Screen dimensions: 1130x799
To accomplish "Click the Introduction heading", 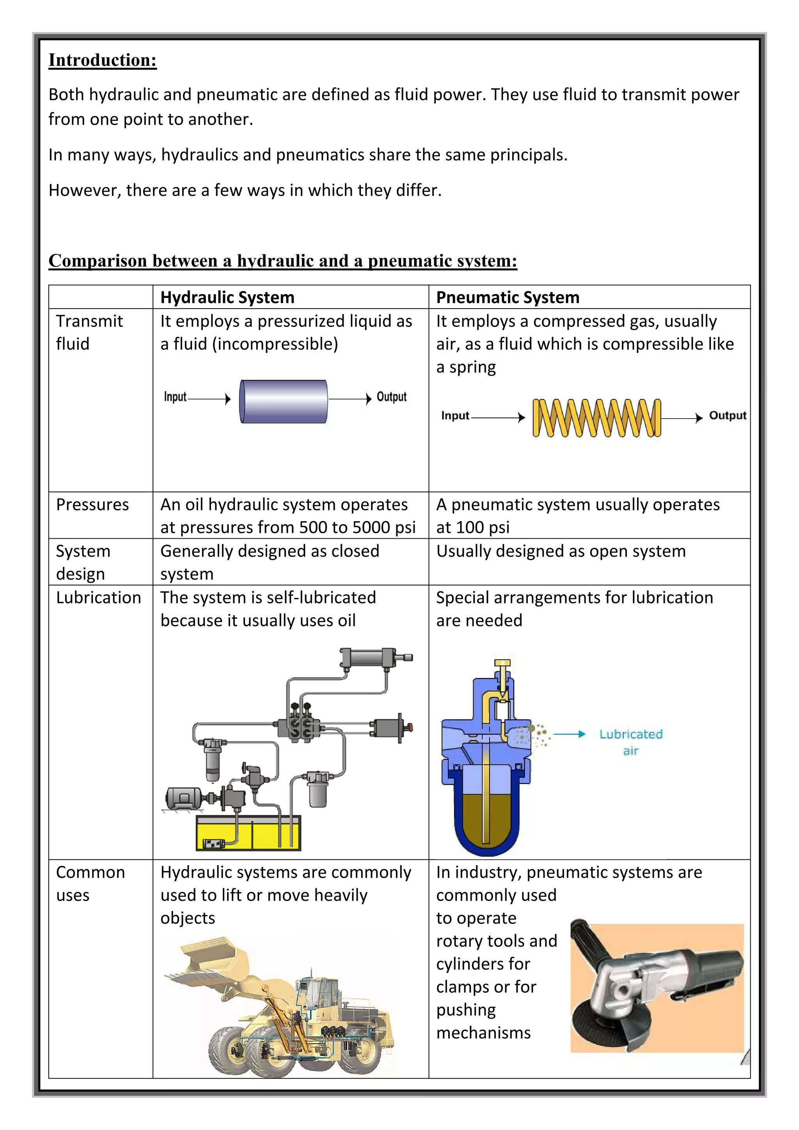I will click(x=102, y=60).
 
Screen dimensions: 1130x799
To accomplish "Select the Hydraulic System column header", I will click(x=227, y=297).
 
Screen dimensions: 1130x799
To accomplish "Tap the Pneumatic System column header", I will click(x=508, y=297).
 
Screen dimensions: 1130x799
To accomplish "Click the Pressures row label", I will click(x=92, y=504).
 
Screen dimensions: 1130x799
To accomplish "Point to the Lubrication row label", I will click(x=98, y=598).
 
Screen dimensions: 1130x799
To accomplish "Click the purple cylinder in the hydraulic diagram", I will click(x=283, y=401).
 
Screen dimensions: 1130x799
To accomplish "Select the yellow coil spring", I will click(x=596, y=418).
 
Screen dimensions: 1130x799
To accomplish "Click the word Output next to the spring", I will click(x=727, y=415).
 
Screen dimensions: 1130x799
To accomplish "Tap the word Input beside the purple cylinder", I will click(x=175, y=397).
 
